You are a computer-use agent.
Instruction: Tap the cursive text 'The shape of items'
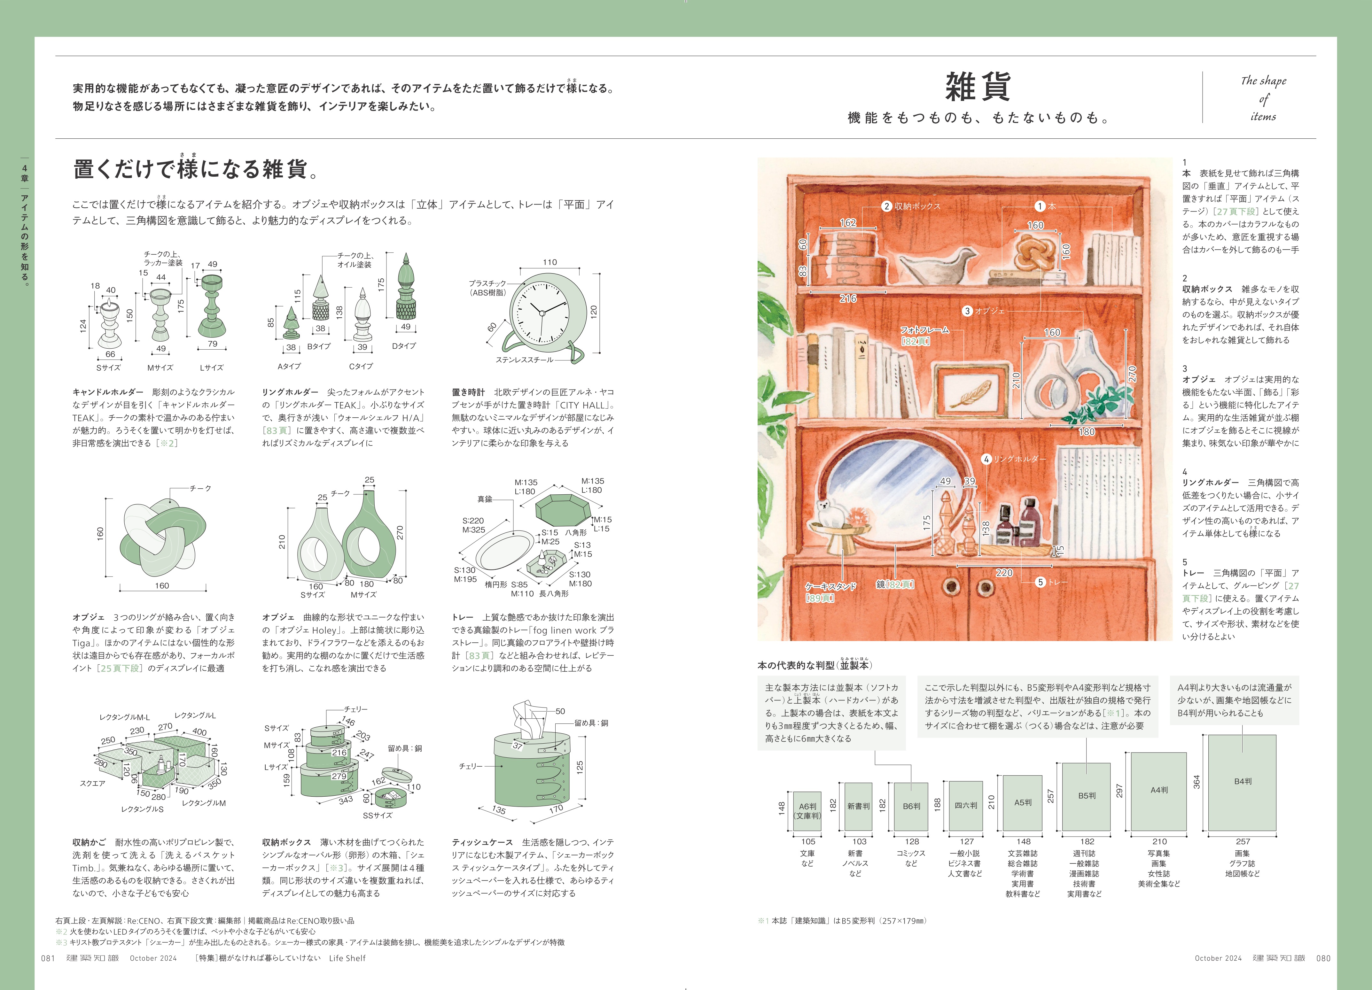(x=1263, y=98)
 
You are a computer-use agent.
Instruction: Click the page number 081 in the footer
(x=48, y=958)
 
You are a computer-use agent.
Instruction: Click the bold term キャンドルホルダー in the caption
(x=108, y=392)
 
